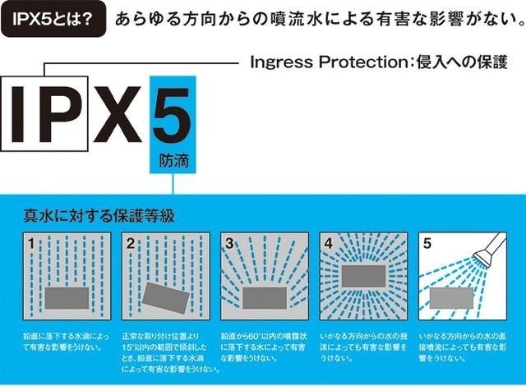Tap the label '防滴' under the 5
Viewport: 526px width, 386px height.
[x=170, y=159]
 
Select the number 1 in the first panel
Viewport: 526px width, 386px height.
[x=30, y=244]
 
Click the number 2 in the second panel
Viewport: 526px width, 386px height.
[x=129, y=244]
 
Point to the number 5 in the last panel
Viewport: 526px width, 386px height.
[x=427, y=244]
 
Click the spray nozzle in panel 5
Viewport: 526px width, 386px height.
[x=489, y=247]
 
